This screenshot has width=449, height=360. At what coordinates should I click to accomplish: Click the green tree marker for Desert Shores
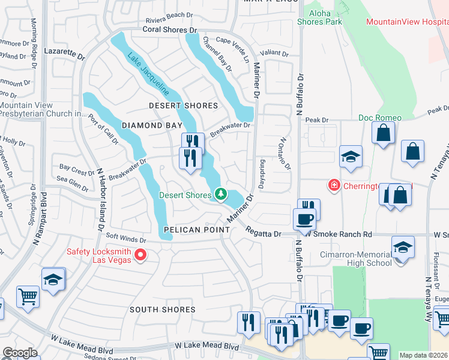click(221, 194)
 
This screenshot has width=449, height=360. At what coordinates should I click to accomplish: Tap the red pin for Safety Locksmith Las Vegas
click(140, 256)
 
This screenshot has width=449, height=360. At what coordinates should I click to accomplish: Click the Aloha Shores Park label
click(319, 17)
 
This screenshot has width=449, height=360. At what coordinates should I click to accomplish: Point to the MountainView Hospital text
click(407, 22)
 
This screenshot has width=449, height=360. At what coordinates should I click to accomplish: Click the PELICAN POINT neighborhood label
click(196, 230)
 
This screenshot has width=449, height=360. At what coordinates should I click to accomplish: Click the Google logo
click(20, 353)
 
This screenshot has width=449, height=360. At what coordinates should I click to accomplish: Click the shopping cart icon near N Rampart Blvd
click(28, 296)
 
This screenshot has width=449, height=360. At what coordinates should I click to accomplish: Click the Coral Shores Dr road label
click(170, 29)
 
